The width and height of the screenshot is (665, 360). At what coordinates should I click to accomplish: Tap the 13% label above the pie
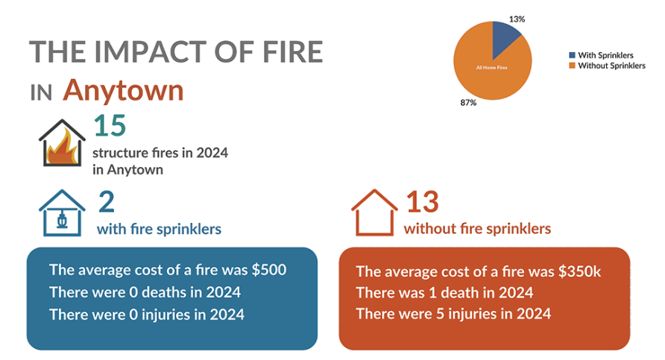(517, 19)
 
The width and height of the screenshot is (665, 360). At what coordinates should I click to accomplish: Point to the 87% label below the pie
(468, 103)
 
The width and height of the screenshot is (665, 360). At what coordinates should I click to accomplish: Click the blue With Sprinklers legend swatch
(572, 55)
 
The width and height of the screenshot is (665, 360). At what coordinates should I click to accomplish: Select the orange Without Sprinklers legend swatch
(572, 66)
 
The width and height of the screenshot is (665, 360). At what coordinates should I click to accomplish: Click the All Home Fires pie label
(491, 67)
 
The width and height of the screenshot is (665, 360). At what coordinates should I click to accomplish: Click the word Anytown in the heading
(124, 90)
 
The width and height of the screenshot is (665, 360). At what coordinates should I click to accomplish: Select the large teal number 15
(110, 125)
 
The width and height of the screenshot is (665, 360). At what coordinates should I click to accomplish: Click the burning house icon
(62, 143)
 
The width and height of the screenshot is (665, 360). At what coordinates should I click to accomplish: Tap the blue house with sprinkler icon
(62, 213)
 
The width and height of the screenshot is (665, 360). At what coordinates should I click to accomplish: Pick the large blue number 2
(107, 202)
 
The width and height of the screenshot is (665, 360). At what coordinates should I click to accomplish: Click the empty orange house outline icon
(374, 212)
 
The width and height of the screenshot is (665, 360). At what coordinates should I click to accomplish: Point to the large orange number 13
(423, 202)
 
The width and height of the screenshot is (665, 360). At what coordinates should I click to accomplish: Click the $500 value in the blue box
(269, 270)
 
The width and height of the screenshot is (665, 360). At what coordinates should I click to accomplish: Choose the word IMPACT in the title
(151, 51)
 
